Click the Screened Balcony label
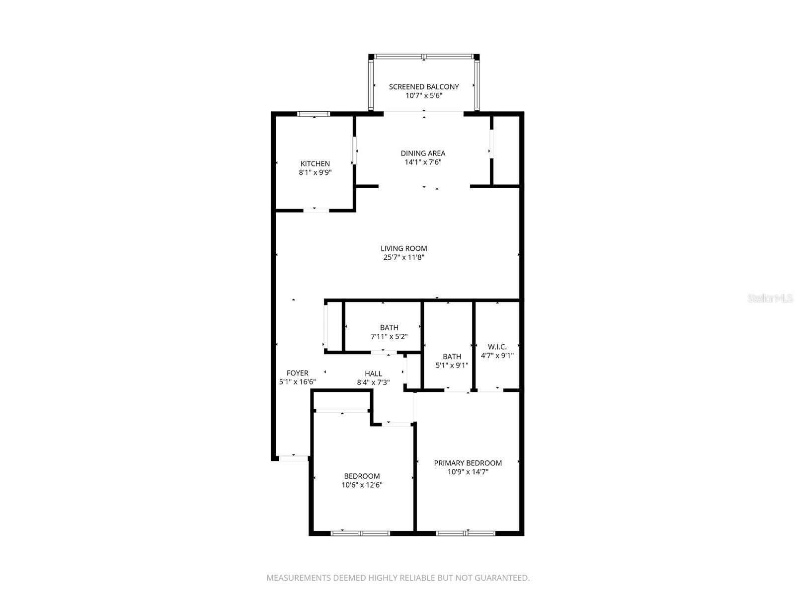(423, 86)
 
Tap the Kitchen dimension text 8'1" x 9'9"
(315, 173)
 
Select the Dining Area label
(423, 153)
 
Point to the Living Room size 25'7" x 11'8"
(403, 257)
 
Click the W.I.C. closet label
(497, 347)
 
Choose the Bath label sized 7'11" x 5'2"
(389, 327)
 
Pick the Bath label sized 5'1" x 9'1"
(452, 356)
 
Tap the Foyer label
(297, 373)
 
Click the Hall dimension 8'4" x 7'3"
(373, 382)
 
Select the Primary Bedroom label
(468, 463)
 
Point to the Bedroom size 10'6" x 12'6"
(362, 485)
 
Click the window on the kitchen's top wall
(314, 114)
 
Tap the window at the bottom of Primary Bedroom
(466, 533)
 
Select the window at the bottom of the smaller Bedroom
(360, 533)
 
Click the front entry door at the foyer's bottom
(293, 458)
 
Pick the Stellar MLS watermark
(770, 298)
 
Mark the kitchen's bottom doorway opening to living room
(316, 211)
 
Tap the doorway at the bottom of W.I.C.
(490, 391)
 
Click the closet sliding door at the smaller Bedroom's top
(342, 411)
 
